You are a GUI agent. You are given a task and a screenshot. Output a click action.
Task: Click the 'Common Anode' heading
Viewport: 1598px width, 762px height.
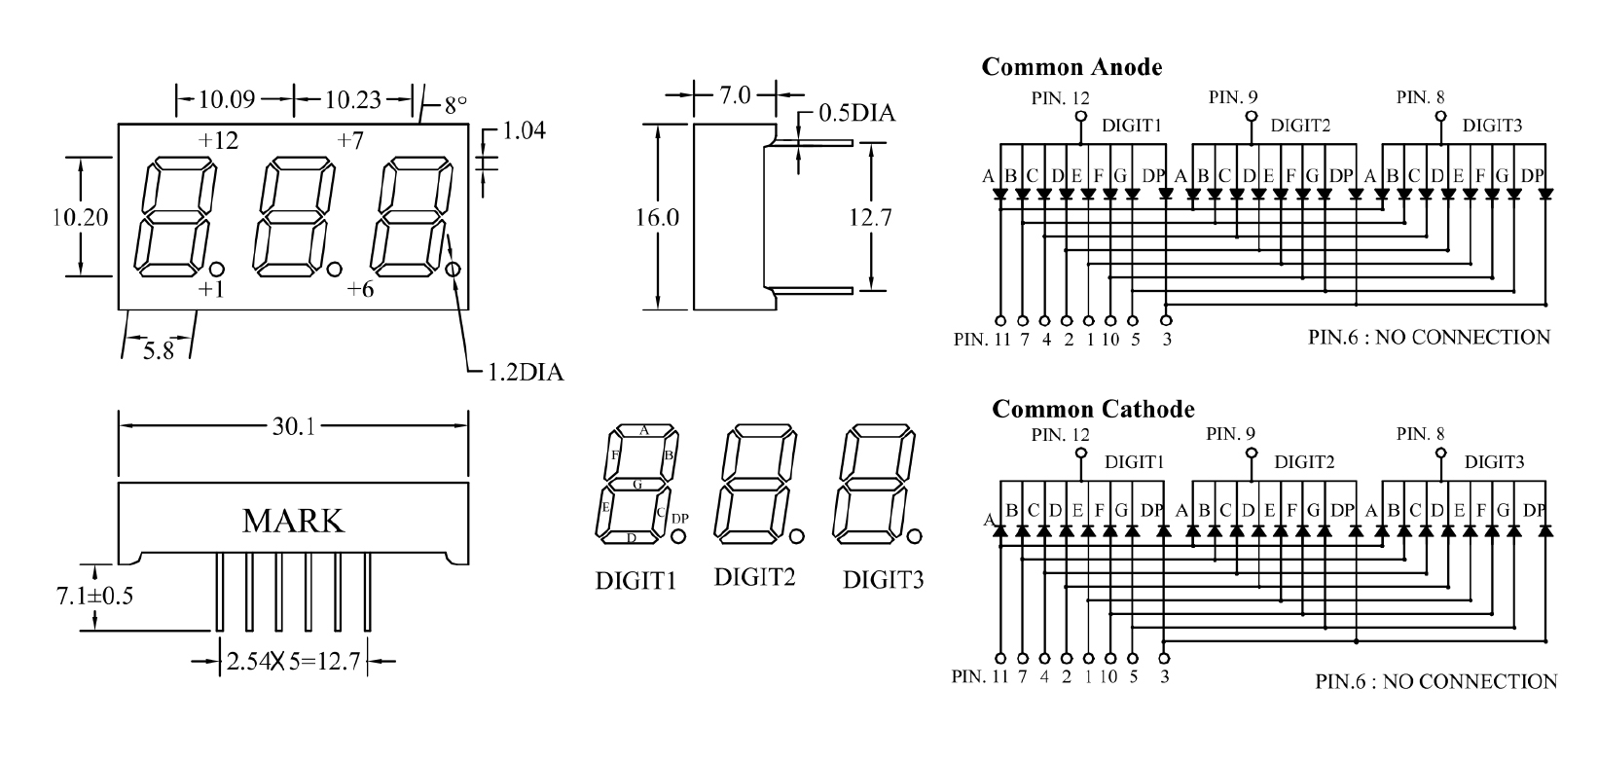[x=1071, y=67]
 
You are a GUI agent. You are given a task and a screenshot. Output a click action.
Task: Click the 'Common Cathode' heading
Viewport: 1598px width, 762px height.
[x=1092, y=410]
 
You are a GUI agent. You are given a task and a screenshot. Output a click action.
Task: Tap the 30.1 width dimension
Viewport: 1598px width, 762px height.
[x=293, y=426]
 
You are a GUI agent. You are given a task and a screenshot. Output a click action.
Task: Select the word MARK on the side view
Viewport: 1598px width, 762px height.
[x=293, y=521]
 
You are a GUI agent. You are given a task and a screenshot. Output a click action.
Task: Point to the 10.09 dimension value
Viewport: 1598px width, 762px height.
[x=227, y=98]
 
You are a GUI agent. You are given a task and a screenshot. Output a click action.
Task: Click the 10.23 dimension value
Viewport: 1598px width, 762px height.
[x=352, y=98]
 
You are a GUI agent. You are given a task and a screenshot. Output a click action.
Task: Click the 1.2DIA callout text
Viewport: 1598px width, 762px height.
[x=526, y=372]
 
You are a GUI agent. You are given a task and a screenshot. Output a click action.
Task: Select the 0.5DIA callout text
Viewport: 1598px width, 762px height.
[x=855, y=114]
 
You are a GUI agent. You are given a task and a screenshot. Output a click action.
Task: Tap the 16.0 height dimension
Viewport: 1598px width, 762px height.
[x=658, y=217]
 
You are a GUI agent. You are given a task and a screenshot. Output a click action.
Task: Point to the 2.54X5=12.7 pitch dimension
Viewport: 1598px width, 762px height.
[x=293, y=663]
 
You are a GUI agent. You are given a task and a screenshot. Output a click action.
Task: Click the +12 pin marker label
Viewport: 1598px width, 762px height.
[x=218, y=141]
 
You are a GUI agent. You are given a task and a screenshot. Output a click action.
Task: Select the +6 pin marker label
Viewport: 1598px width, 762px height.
[x=360, y=289]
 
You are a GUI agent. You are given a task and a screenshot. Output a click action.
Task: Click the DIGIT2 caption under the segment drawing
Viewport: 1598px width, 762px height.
[x=755, y=577]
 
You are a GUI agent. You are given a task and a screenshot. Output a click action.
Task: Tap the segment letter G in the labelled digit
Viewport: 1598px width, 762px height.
[x=637, y=484]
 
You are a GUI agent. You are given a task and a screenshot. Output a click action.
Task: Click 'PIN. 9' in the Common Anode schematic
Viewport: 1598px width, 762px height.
[x=1233, y=97]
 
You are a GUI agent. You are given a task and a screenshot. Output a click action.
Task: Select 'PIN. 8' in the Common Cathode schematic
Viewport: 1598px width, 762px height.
[x=1421, y=434]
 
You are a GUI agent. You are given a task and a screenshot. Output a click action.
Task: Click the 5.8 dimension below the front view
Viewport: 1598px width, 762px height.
[x=158, y=351]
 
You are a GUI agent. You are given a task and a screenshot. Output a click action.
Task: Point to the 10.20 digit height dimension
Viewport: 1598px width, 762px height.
[x=80, y=217]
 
